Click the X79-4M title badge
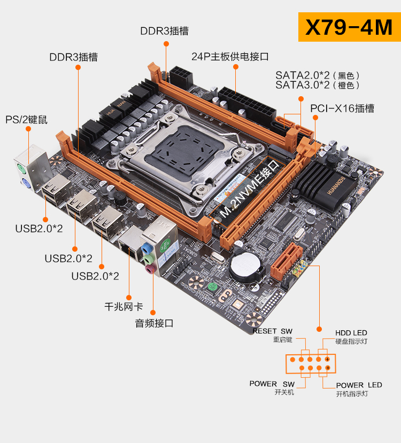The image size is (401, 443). tap(349, 28)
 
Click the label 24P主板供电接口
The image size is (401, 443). tap(230, 56)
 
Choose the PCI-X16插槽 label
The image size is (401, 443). tap(342, 108)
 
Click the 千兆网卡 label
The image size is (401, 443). tap(124, 307)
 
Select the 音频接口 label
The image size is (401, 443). tap(154, 323)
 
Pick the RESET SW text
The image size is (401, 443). tap(273, 331)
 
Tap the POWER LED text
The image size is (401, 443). tap(359, 385)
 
